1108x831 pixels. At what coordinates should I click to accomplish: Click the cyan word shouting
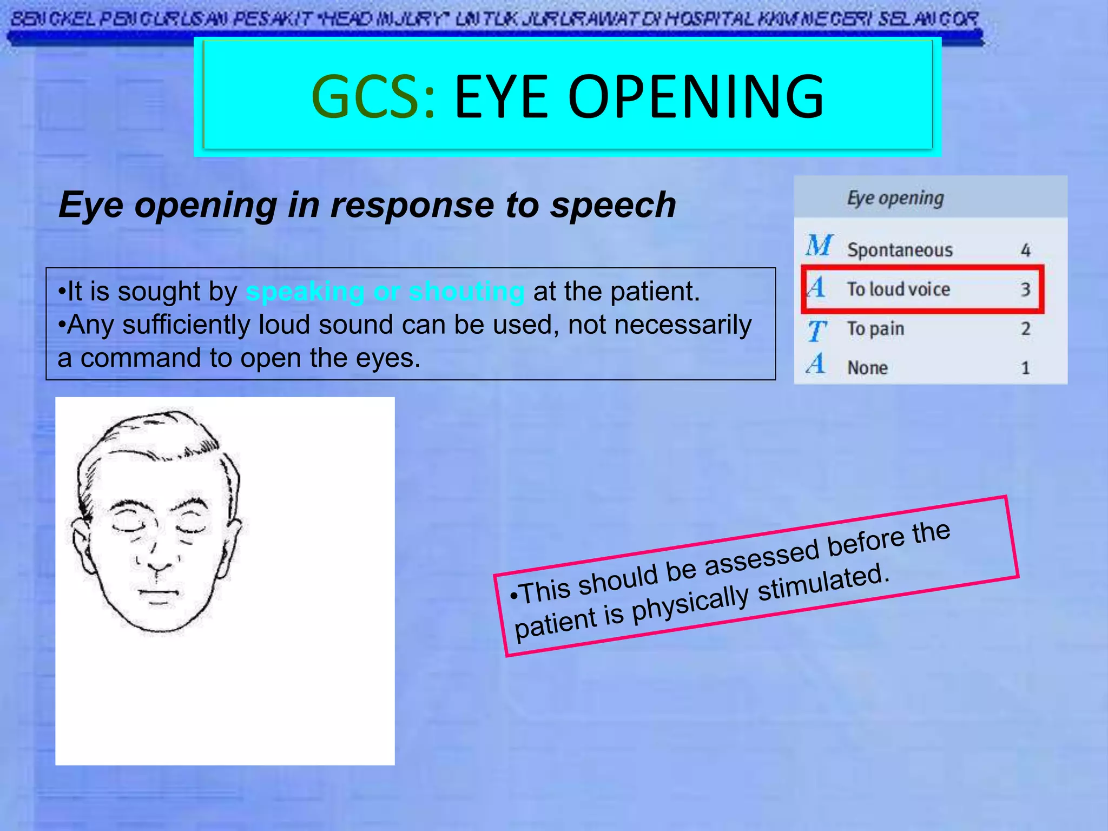(x=466, y=292)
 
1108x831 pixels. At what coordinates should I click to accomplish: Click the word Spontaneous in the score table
(x=900, y=250)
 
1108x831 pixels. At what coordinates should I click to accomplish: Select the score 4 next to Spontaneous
(x=1025, y=250)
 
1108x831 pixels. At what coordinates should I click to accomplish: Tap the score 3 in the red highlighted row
(x=1025, y=289)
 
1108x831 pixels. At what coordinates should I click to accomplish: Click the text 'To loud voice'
(x=898, y=289)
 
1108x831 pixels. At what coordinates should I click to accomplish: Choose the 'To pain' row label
(x=875, y=328)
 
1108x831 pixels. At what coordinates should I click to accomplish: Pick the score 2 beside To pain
(x=1025, y=328)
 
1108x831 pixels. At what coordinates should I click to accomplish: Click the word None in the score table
(x=867, y=368)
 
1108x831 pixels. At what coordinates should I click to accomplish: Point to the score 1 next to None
(x=1025, y=368)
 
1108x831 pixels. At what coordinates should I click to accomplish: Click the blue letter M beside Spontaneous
(x=819, y=246)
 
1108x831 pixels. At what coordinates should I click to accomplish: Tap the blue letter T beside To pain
(x=816, y=331)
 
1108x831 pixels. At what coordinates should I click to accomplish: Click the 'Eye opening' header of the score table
(x=895, y=198)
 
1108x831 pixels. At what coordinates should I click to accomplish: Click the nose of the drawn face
(x=157, y=557)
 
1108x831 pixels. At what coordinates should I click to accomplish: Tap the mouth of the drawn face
(x=159, y=592)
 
